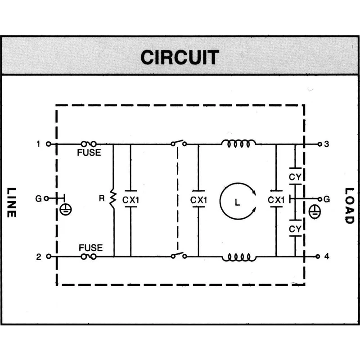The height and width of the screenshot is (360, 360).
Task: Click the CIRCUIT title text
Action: tap(180, 57)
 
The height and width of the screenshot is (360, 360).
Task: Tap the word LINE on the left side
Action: tap(11, 202)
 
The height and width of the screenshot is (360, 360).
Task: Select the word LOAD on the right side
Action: tap(350, 206)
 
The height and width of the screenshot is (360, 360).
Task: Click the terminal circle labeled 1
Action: tap(49, 144)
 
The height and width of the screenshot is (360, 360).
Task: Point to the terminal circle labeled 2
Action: tap(49, 256)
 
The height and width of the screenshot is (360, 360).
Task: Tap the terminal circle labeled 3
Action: tap(319, 144)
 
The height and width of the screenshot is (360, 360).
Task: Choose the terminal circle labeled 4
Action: tap(318, 256)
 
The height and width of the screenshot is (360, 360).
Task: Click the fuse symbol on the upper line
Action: tap(89, 144)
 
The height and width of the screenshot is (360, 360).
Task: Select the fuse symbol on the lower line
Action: tap(89, 256)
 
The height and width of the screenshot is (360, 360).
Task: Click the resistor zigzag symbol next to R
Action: tap(113, 198)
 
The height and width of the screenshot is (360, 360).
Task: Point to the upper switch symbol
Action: tap(179, 143)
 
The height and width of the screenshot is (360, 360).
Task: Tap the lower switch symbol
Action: tap(179, 255)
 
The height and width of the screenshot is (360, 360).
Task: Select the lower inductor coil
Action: tap(239, 257)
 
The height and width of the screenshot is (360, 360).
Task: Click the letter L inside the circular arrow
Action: tap(238, 202)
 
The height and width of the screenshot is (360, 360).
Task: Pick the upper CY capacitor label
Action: tap(295, 177)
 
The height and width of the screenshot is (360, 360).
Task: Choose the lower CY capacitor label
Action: tap(295, 229)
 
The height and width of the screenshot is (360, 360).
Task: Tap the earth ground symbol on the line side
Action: tap(66, 209)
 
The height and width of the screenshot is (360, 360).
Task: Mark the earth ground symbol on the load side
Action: tap(315, 211)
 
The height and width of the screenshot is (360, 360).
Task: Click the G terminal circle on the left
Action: tap(46, 198)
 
